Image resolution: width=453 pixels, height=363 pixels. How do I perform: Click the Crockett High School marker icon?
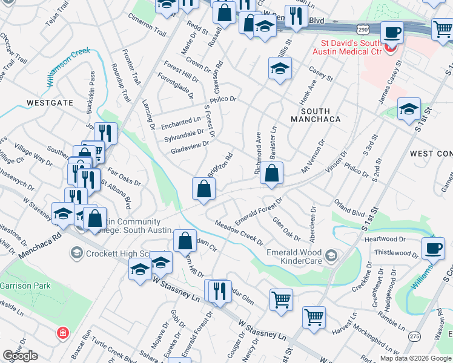point(76,251)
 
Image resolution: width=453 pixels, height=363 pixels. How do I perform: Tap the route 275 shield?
point(414,336)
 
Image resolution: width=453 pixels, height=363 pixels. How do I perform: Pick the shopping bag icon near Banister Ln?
point(272,174)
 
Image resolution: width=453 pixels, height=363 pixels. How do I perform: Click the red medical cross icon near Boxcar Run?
point(62,333)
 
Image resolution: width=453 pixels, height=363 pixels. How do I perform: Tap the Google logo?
point(20,356)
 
